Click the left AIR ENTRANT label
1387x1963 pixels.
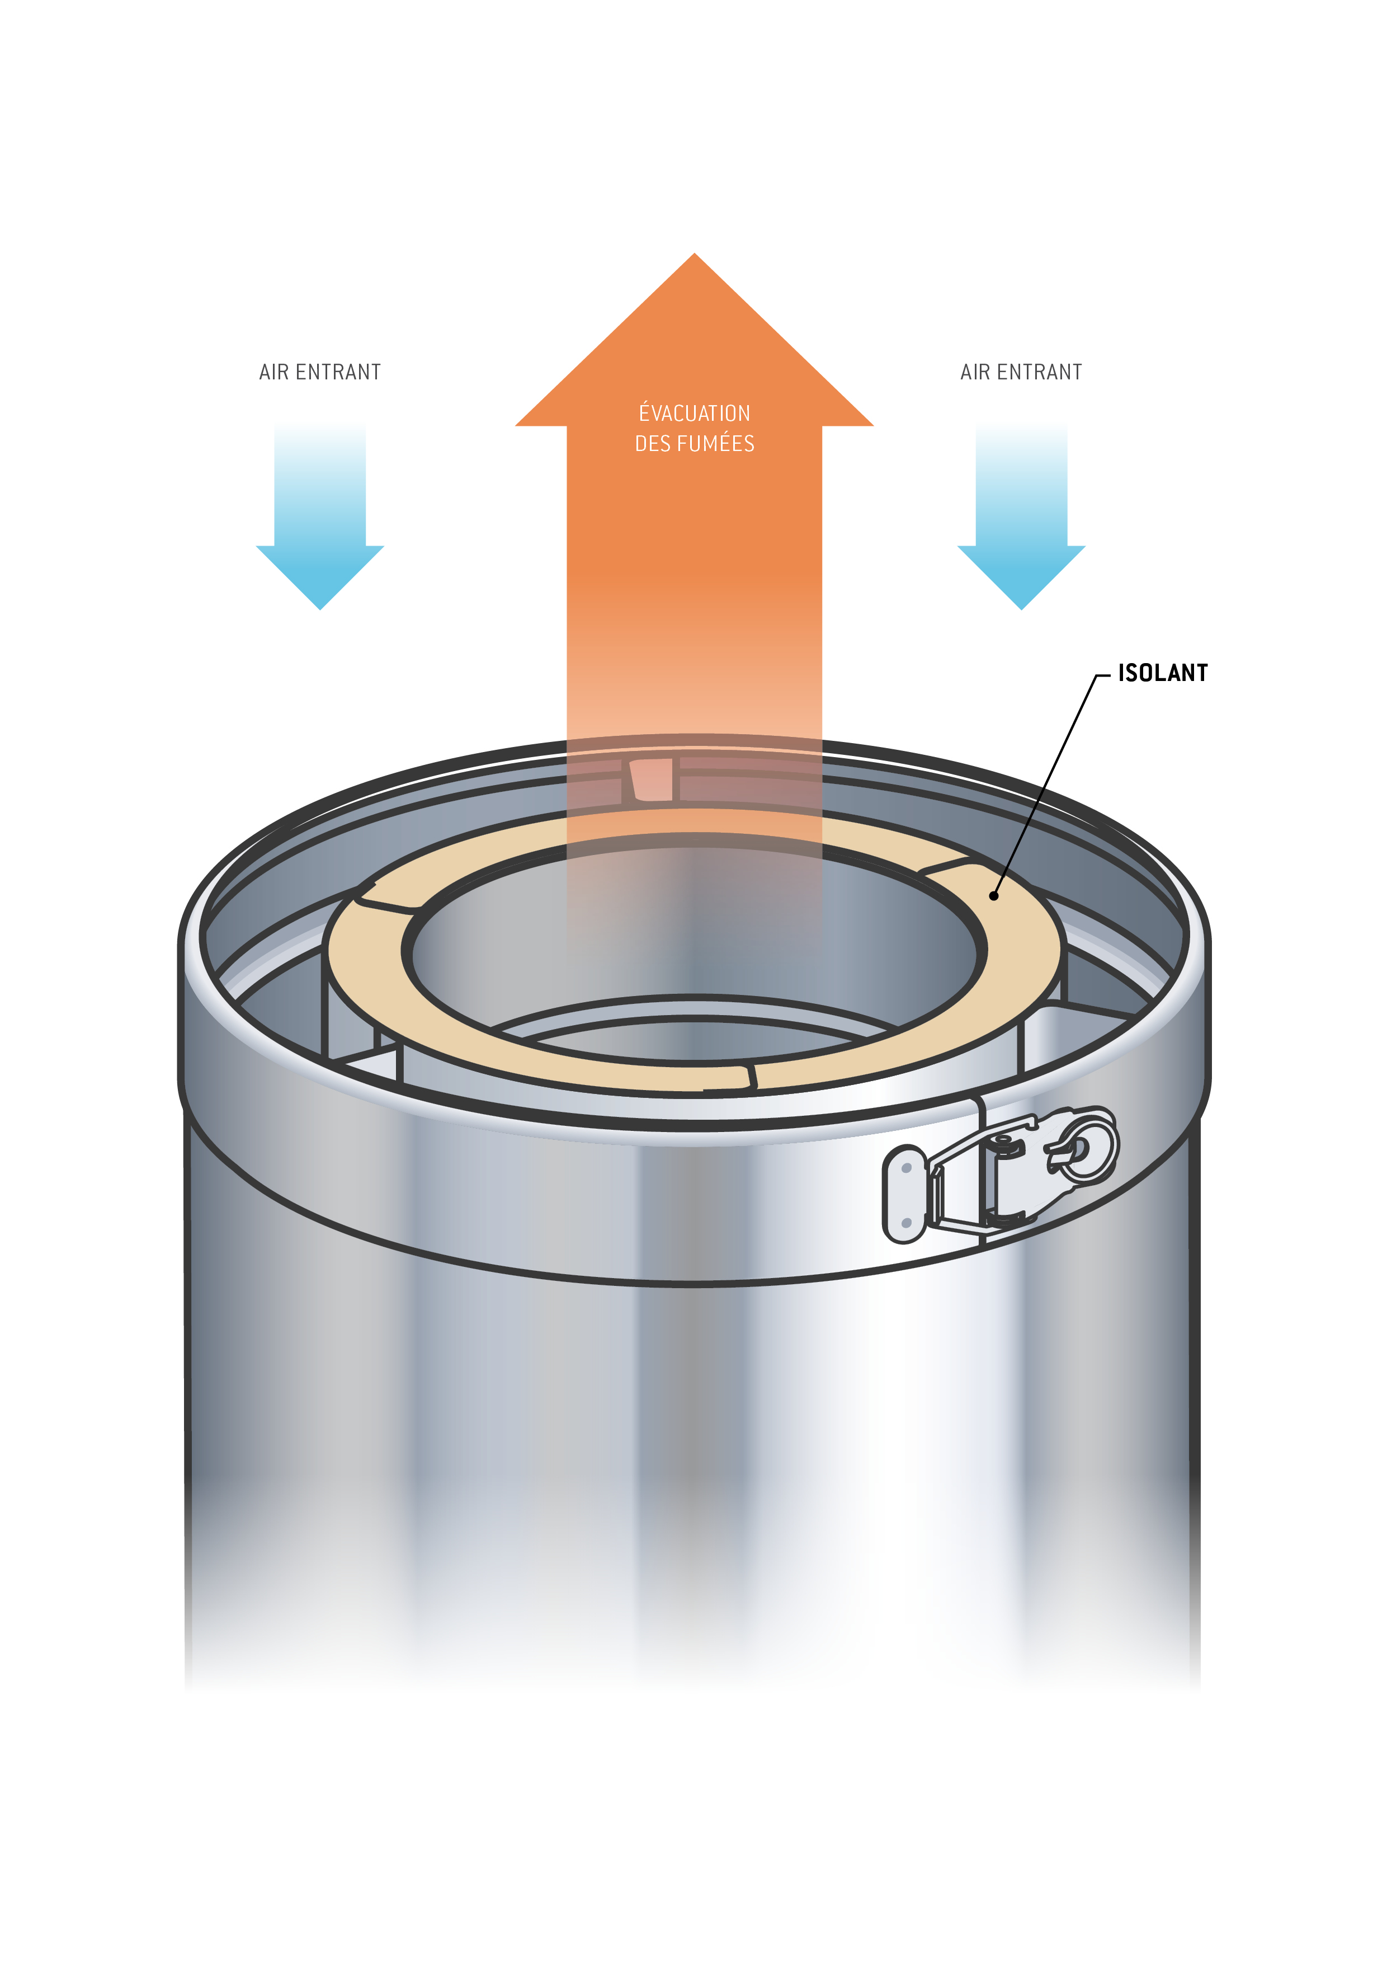point(319,372)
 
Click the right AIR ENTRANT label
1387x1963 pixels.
point(1021,372)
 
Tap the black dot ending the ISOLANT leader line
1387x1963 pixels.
point(994,896)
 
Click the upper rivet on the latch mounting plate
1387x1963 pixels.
point(907,1167)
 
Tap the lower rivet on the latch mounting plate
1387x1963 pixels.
point(906,1223)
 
